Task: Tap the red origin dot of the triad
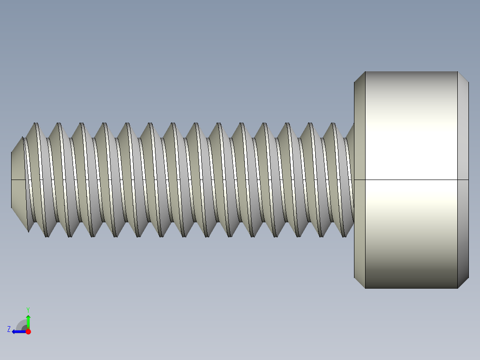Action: point(28,331)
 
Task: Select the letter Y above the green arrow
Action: point(28,309)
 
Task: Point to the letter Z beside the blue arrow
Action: point(9,329)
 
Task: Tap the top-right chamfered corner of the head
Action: point(463,77)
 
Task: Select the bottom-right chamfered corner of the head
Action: point(463,282)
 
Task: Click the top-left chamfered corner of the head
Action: point(359,77)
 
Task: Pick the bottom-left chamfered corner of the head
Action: point(359,282)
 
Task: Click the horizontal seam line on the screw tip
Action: point(17,180)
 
